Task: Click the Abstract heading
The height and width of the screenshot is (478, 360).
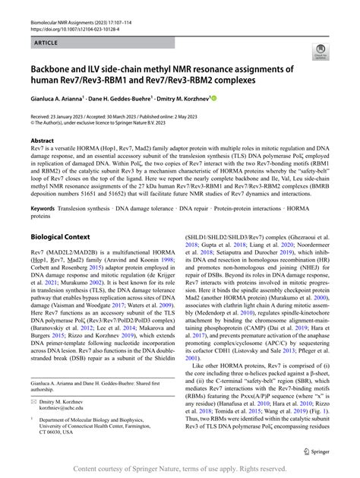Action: (x=42, y=141)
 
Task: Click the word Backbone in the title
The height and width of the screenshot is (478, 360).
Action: (x=56, y=69)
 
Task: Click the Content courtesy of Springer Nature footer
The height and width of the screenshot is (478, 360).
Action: (x=180, y=468)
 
